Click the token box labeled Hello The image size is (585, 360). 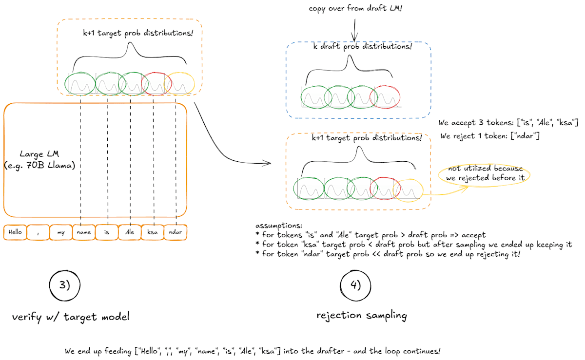pos(15,232)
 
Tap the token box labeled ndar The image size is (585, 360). pos(175,232)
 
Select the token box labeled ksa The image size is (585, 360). pos(153,232)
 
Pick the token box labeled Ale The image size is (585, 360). pos(130,232)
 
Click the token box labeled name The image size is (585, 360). pos(84,232)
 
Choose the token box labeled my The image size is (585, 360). pos(61,232)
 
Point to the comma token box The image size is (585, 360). pos(38,232)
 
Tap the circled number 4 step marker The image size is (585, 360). pos(356,285)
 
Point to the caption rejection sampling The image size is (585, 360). pos(361,315)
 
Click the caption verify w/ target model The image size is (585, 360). pos(71,317)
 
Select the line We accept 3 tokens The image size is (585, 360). pos(508,122)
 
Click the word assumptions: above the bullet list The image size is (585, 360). pos(279,226)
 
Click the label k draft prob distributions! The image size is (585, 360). pos(362,47)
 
